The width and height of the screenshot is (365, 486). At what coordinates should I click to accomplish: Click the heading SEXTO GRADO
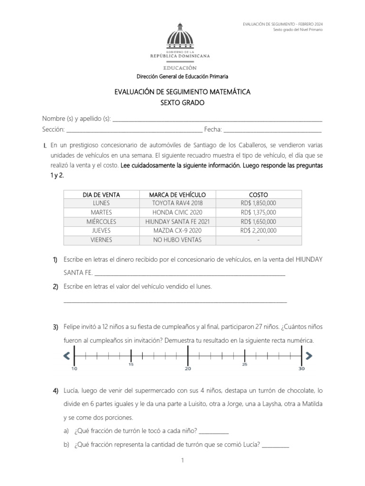[182, 102]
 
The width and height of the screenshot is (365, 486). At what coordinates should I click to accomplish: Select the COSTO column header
[258, 195]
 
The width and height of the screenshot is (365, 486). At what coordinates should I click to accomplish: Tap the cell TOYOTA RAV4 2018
[177, 203]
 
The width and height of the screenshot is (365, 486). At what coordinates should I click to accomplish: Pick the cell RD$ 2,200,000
[258, 231]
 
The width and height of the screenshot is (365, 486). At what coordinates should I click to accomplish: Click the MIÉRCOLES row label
[101, 222]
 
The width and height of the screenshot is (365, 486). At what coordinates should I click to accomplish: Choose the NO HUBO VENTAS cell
[177, 240]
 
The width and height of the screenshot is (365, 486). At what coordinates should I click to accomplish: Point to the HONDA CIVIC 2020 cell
[177, 213]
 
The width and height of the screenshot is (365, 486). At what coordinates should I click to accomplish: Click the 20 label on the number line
[188, 369]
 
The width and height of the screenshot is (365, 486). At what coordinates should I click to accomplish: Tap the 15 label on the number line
[131, 365]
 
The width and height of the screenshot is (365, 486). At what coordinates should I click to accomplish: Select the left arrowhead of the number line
[67, 355]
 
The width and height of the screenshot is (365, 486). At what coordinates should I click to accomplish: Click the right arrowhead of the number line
[309, 355]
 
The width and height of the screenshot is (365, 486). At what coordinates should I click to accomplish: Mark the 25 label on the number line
[245, 365]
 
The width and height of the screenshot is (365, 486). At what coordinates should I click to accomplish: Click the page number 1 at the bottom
[182, 460]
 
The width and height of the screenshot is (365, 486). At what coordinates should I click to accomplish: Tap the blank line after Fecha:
[272, 130]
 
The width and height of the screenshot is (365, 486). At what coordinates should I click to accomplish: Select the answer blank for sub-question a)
[213, 432]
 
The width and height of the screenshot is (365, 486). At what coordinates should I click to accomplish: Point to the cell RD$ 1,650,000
[258, 222]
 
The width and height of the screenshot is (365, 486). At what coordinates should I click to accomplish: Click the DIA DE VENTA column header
[101, 195]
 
